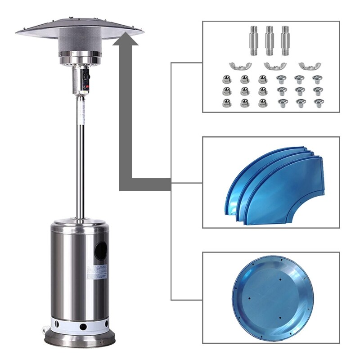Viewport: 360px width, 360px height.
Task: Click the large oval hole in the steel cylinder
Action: point(100,250)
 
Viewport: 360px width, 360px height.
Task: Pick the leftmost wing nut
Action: point(237,66)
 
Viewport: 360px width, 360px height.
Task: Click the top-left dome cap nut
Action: point(226,80)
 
